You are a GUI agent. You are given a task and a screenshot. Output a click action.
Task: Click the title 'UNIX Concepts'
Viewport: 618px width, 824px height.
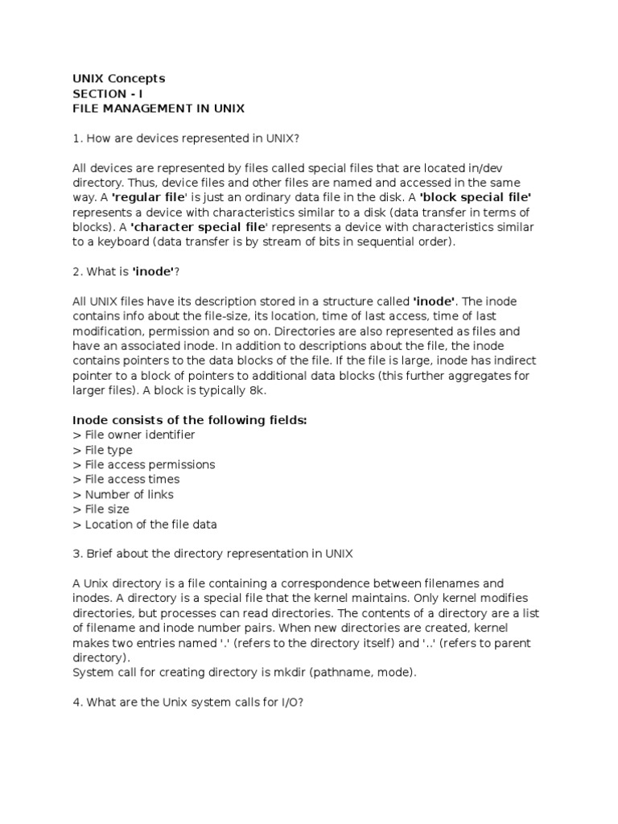coord(118,78)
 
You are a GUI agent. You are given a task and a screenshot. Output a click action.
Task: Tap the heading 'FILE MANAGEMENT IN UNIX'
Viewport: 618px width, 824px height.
coord(159,108)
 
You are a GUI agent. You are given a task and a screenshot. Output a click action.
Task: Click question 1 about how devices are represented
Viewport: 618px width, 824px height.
coord(186,138)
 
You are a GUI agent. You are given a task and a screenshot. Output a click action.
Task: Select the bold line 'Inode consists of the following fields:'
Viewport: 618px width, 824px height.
coord(190,420)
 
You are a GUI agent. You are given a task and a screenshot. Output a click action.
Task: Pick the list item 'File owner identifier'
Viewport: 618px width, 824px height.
coord(134,435)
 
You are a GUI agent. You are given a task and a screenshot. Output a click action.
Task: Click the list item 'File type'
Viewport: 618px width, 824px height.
coord(102,450)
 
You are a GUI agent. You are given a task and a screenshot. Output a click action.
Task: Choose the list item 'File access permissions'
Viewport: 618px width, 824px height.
coord(143,464)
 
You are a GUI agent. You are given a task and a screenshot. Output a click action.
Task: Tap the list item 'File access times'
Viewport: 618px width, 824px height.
coord(126,480)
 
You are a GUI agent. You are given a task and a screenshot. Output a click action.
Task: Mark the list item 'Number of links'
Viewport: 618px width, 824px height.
coord(122,494)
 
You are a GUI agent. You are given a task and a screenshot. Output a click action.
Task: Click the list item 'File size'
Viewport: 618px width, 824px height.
coord(101,509)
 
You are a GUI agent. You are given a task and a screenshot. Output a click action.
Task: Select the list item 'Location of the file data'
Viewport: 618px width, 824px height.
coord(145,525)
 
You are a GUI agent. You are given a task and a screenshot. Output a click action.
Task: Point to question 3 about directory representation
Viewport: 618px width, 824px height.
coord(212,554)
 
